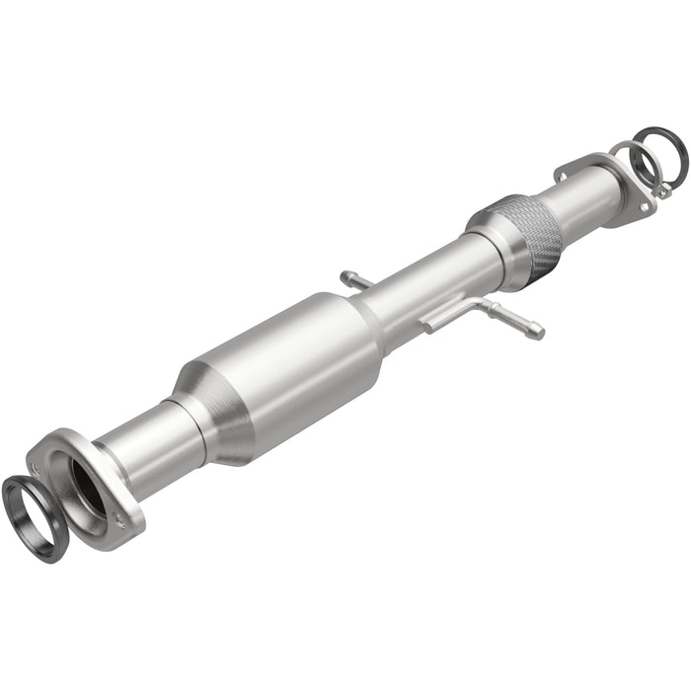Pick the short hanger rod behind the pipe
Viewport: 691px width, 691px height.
pyautogui.click(x=355, y=280)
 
